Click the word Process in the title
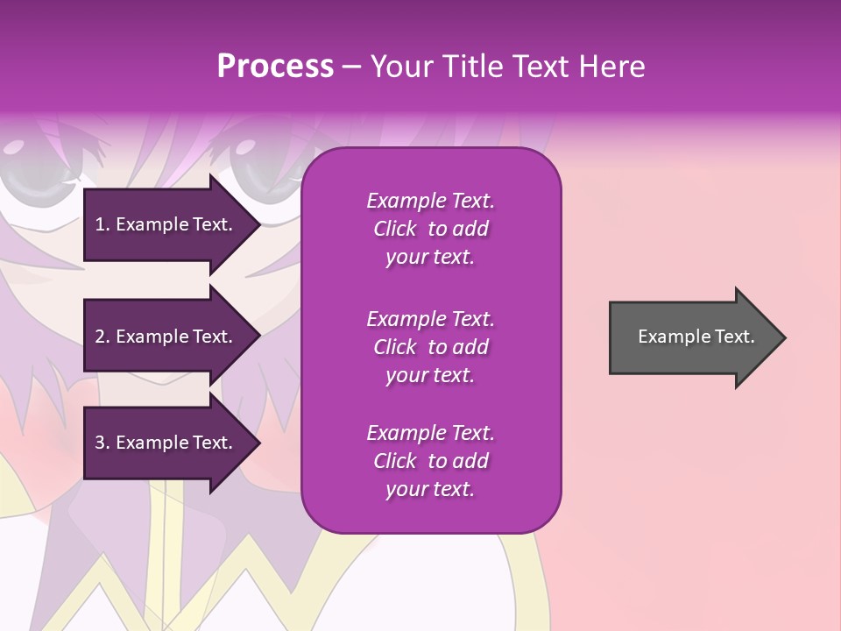click(275, 67)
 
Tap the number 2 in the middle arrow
click(100, 337)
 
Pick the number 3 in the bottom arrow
click(100, 443)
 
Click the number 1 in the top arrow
click(99, 224)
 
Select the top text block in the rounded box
click(430, 229)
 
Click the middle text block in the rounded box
click(430, 347)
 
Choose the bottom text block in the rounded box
click(430, 461)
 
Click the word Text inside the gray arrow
click(735, 337)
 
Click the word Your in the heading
click(399, 67)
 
